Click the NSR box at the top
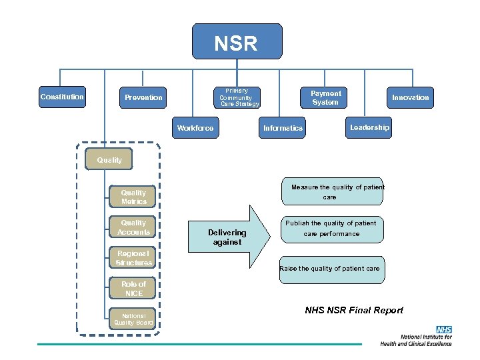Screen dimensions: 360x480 (x=237, y=42)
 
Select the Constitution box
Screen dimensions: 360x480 (x=62, y=97)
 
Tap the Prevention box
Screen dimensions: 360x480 (x=143, y=98)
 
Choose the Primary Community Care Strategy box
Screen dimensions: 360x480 (x=239, y=97)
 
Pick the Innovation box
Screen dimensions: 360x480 (x=410, y=98)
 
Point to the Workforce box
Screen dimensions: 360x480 (x=195, y=128)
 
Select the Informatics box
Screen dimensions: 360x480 (x=283, y=128)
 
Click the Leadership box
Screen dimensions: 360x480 (x=369, y=127)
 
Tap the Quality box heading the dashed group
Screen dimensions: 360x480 (x=109, y=160)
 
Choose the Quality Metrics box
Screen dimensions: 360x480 (x=133, y=197)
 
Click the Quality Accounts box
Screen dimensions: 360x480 (x=133, y=227)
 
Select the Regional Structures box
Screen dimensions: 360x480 (x=133, y=258)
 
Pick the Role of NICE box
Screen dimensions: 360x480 (x=133, y=289)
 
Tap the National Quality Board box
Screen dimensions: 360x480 (x=133, y=319)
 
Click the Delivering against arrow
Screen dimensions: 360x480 (x=230, y=237)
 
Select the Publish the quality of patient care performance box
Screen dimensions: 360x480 (x=331, y=229)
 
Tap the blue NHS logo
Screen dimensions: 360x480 (x=443, y=329)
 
